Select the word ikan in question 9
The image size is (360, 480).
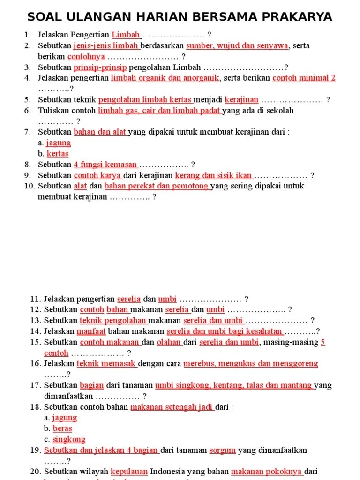tap(243, 175)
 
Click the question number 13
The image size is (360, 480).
tap(36, 320)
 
